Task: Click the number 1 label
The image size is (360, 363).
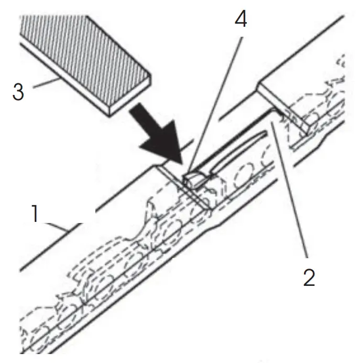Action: point(35,214)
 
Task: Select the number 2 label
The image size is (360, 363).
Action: point(309,277)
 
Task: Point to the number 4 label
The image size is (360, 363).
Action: point(240,19)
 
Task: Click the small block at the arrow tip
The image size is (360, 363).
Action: point(194,179)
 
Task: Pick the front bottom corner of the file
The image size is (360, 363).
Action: point(109,113)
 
